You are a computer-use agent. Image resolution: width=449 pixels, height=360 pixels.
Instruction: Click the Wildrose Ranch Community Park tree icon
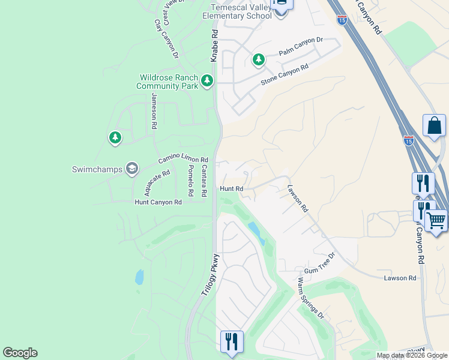[207, 80]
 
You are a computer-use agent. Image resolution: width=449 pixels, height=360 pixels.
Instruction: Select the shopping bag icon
[434, 126]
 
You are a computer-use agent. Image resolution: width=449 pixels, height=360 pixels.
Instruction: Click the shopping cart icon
[436, 220]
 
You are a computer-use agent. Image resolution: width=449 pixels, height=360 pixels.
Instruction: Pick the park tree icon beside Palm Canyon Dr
[258, 59]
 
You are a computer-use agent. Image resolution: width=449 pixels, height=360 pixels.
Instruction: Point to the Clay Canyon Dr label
[167, 39]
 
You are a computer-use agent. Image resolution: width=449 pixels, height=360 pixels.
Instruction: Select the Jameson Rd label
[154, 112]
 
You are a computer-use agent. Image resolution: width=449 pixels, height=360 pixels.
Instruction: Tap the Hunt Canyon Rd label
[158, 203]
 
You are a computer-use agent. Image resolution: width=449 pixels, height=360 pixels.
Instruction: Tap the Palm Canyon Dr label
[301, 47]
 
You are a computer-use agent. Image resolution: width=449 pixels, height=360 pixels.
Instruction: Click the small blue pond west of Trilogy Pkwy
[139, 277]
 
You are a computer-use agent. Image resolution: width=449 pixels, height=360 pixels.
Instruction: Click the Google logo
[20, 353]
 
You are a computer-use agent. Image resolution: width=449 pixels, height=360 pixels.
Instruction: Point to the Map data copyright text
[412, 355]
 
